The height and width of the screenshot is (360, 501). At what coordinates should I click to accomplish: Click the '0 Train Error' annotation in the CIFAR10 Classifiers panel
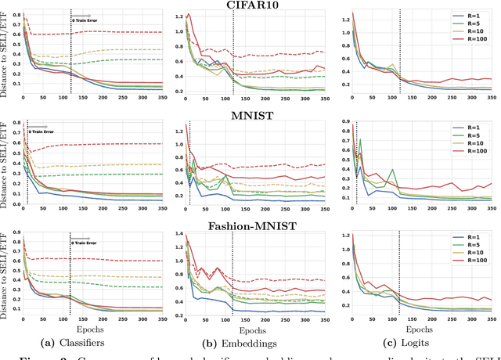(83, 19)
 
